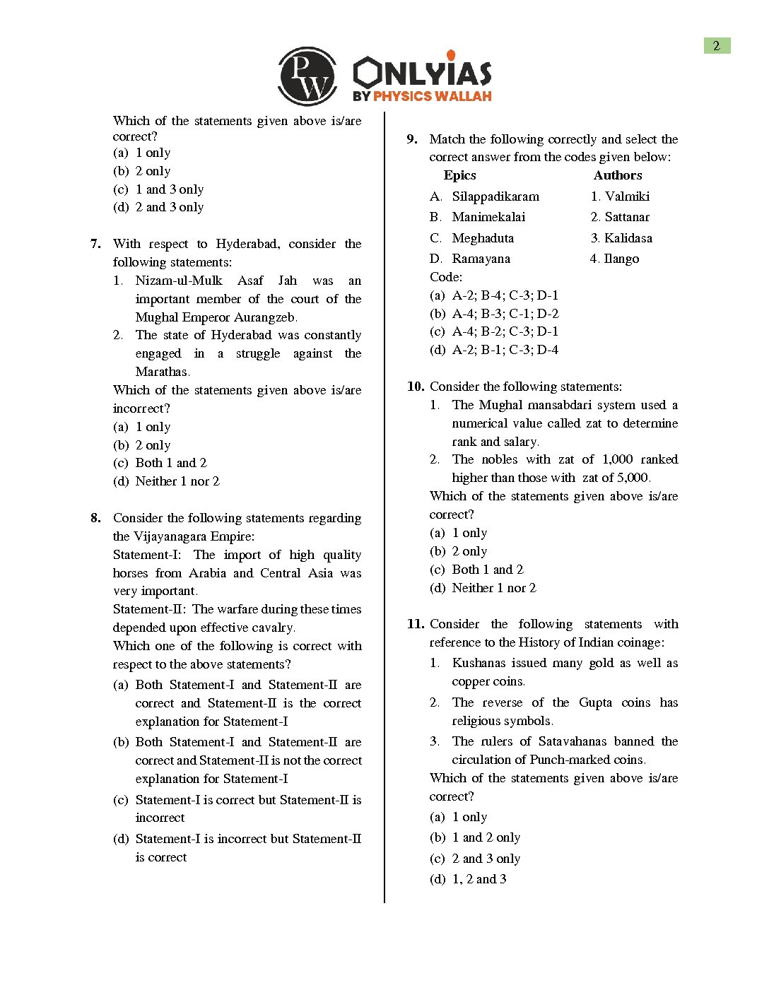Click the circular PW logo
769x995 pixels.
(x=307, y=76)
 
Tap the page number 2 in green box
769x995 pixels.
(x=717, y=46)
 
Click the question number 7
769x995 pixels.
(x=95, y=244)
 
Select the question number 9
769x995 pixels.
(x=412, y=139)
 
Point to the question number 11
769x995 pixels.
(x=415, y=624)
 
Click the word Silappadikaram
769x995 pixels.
(x=495, y=196)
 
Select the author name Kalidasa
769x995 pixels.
(x=628, y=238)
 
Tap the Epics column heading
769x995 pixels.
(x=459, y=175)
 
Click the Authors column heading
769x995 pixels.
(x=618, y=175)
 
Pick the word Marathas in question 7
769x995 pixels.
(x=162, y=372)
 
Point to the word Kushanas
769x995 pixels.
(x=488, y=663)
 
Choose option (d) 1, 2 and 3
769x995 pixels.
(x=468, y=879)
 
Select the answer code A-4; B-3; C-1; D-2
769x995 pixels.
(x=505, y=314)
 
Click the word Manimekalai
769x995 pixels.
(x=488, y=217)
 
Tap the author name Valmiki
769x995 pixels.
(x=627, y=196)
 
